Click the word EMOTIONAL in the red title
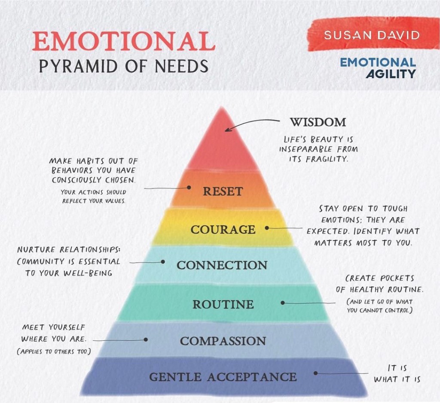124,41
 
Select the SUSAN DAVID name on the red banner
372,35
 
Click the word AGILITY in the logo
391,74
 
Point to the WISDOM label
318,122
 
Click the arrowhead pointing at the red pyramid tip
228,129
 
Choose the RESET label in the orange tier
223,191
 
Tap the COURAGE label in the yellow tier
223,230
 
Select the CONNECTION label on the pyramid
222,265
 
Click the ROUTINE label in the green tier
223,304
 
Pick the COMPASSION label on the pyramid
223,341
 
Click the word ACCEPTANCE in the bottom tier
252,377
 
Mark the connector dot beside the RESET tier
189,187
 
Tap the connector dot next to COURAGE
267,228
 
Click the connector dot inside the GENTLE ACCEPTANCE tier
315,373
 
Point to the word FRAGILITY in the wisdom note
327,159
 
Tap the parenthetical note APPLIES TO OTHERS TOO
54,351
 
